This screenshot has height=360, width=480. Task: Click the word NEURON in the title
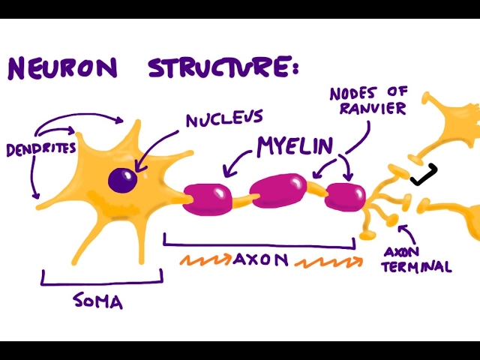click(63, 67)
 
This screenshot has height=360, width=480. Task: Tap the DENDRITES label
click(41, 149)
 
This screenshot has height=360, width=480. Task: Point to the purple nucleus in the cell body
click(121, 180)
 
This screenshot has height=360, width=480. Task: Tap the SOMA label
click(98, 302)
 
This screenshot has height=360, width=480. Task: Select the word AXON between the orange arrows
click(261, 261)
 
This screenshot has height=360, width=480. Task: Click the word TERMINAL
click(417, 266)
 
